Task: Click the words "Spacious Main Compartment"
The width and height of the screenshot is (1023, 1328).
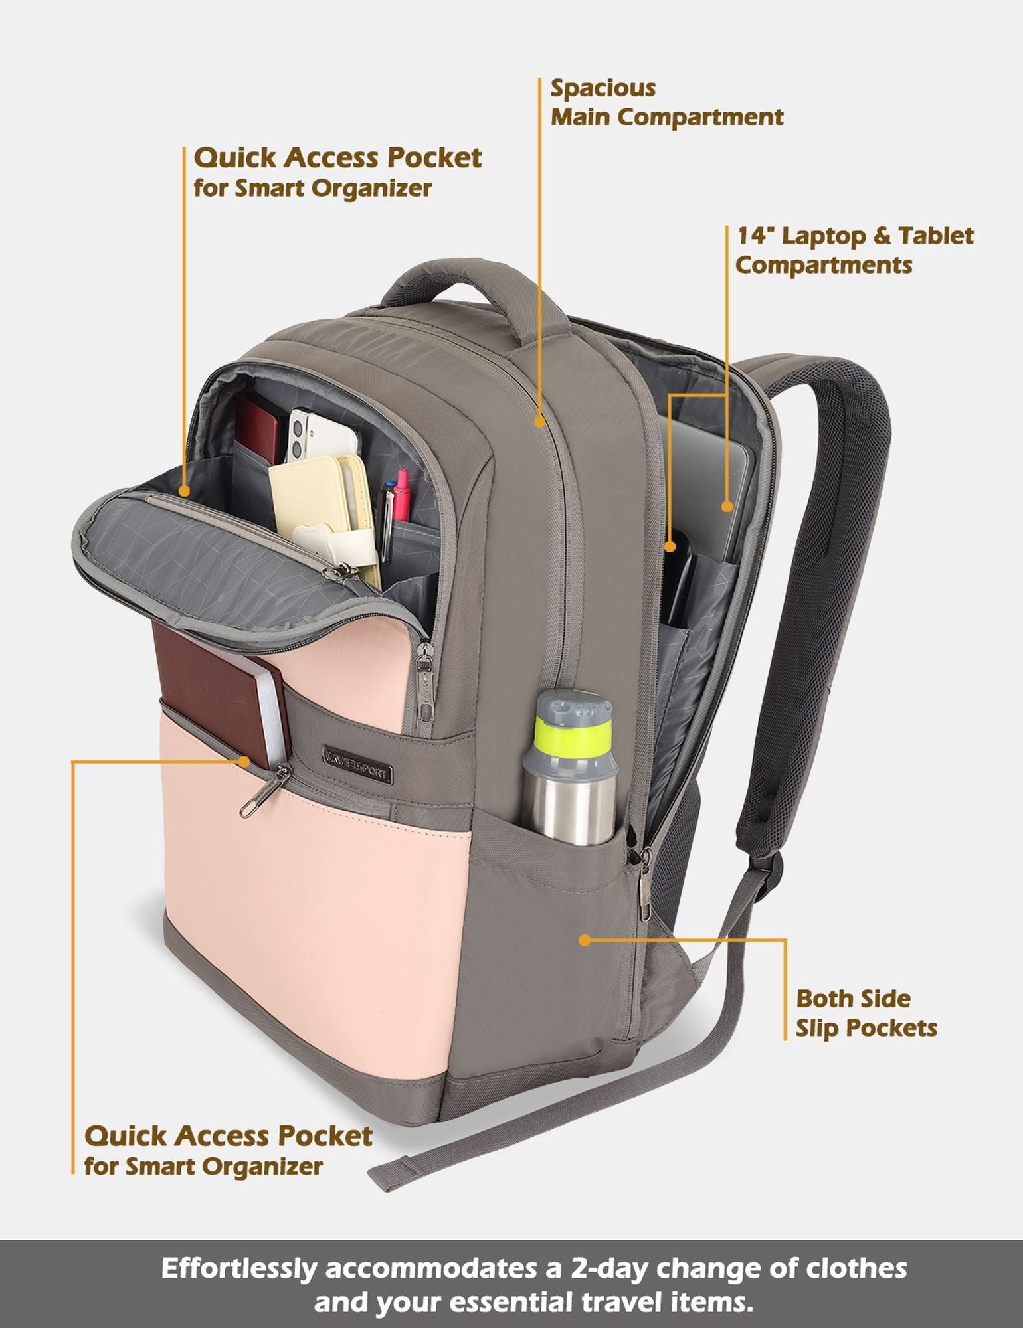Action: tap(667, 102)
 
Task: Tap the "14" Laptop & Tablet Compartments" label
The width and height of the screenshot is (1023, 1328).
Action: tap(854, 250)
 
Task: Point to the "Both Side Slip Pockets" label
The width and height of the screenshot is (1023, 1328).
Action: tap(866, 1013)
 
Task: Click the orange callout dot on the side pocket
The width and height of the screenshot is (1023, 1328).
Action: tap(585, 940)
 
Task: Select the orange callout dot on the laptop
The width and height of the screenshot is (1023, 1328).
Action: tap(727, 506)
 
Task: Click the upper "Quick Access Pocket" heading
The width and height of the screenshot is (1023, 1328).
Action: tap(337, 158)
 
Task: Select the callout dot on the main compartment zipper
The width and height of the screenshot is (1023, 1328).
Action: tap(540, 420)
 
